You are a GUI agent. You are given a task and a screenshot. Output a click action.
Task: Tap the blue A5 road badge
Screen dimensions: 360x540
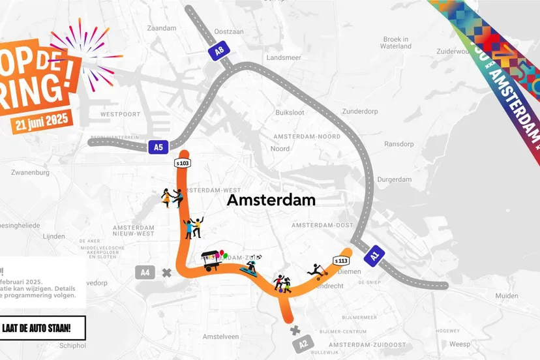158,147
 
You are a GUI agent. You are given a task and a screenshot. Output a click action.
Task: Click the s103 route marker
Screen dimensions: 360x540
182,162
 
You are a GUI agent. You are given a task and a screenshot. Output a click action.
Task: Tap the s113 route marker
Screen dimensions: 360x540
340,260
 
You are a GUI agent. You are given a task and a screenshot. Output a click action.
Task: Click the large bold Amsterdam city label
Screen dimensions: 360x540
271,200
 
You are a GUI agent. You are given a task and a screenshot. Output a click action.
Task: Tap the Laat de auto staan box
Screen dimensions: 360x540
43,327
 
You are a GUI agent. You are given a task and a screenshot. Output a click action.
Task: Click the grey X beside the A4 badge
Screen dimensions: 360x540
167,273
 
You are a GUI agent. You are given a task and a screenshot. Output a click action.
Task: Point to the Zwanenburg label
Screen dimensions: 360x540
33,173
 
